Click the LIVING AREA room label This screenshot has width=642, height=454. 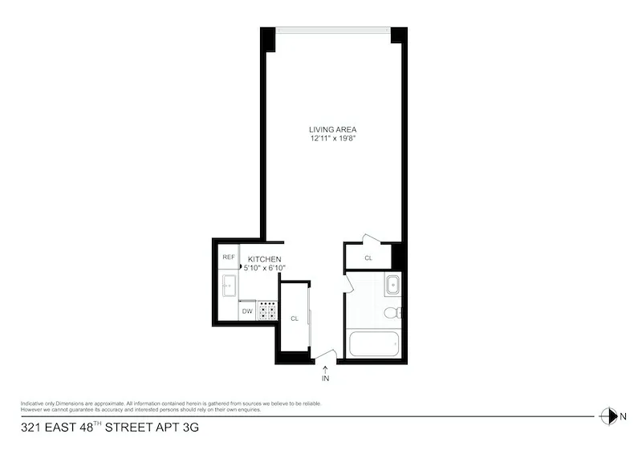coord(333,129)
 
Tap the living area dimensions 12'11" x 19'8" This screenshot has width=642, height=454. coord(333,139)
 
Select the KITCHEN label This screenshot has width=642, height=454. coord(264,259)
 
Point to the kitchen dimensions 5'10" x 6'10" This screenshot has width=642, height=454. coord(264,268)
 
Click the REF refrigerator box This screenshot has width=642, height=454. coord(229,257)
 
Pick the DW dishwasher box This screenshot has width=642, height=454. coord(247,310)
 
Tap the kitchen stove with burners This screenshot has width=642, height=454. coord(267,311)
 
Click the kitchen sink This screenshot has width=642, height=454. coord(228,284)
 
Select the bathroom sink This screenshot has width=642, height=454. coord(392,285)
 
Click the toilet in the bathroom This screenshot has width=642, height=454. coord(392,312)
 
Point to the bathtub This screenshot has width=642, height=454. coord(373,344)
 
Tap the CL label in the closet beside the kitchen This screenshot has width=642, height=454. coord(295,318)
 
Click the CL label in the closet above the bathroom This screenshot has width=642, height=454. coord(368,258)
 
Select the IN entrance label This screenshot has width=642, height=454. coord(326,378)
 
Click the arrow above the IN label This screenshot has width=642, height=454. coord(326,367)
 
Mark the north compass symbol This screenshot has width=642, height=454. coord(607,415)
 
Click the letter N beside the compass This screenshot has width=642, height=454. coord(623,415)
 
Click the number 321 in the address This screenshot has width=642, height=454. coord(29,428)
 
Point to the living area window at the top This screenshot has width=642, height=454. coord(333,30)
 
